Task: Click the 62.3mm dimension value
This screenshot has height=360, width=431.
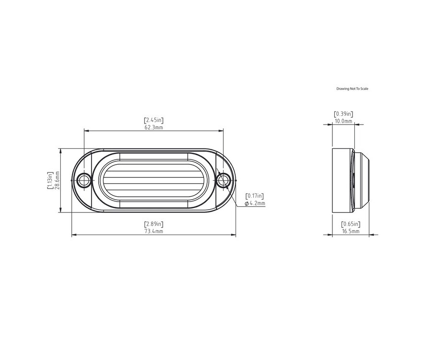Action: pyautogui.click(x=154, y=128)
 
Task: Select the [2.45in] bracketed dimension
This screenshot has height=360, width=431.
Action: pyautogui.click(x=154, y=120)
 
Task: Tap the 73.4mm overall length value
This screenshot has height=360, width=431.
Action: pyautogui.click(x=154, y=232)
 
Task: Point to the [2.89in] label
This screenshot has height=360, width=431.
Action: pyautogui.click(x=154, y=224)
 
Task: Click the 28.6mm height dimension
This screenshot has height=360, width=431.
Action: pyautogui.click(x=57, y=180)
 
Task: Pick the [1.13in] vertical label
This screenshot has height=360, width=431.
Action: pyautogui.click(x=50, y=180)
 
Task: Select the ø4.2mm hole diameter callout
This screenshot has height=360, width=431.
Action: pyautogui.click(x=255, y=203)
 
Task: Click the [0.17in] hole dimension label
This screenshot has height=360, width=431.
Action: pyautogui.click(x=255, y=196)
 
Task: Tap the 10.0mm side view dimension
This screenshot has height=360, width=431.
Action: pyautogui.click(x=343, y=122)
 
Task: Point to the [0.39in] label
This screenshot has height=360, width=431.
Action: pyautogui.click(x=343, y=114)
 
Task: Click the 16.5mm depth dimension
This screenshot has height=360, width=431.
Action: pyautogui.click(x=351, y=231)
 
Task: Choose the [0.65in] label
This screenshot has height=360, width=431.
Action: pyautogui.click(x=351, y=224)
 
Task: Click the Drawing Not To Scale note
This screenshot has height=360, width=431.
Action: pyautogui.click(x=352, y=89)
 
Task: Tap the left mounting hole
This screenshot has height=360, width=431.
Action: pyautogui.click(x=84, y=180)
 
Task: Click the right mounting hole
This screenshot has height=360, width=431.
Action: pyautogui.click(x=223, y=180)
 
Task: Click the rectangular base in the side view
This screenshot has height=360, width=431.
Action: pyautogui.click(x=342, y=180)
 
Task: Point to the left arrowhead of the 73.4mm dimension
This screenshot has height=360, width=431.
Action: pyautogui.click(x=73, y=235)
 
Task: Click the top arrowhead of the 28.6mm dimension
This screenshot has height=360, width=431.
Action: pyautogui.click(x=61, y=150)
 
